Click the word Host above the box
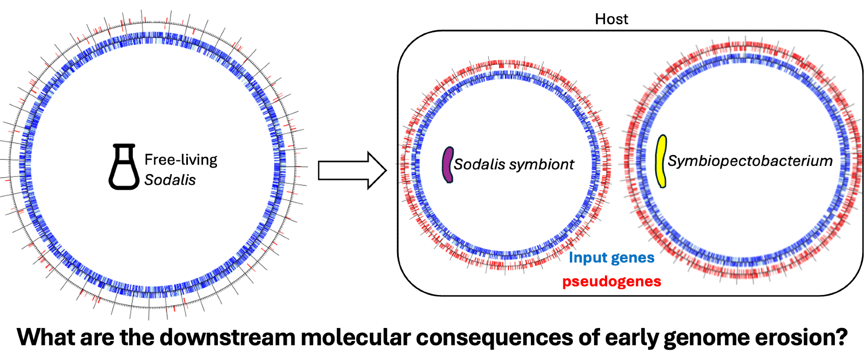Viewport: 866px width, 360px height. pyautogui.click(x=611, y=19)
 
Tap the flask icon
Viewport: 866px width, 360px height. pyautogui.click(x=124, y=167)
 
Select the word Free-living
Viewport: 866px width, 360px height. pyautogui.click(x=181, y=160)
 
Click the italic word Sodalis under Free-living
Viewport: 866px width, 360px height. pyautogui.click(x=170, y=180)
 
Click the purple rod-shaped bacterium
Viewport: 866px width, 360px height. pyautogui.click(x=448, y=165)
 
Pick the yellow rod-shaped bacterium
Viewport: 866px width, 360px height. pyautogui.click(x=661, y=161)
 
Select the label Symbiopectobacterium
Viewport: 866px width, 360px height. pyautogui.click(x=750, y=161)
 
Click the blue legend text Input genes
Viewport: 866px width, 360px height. pyautogui.click(x=611, y=258)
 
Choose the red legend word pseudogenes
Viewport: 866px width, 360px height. pyautogui.click(x=611, y=282)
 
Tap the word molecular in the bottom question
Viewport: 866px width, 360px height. pyautogui.click(x=355, y=337)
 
